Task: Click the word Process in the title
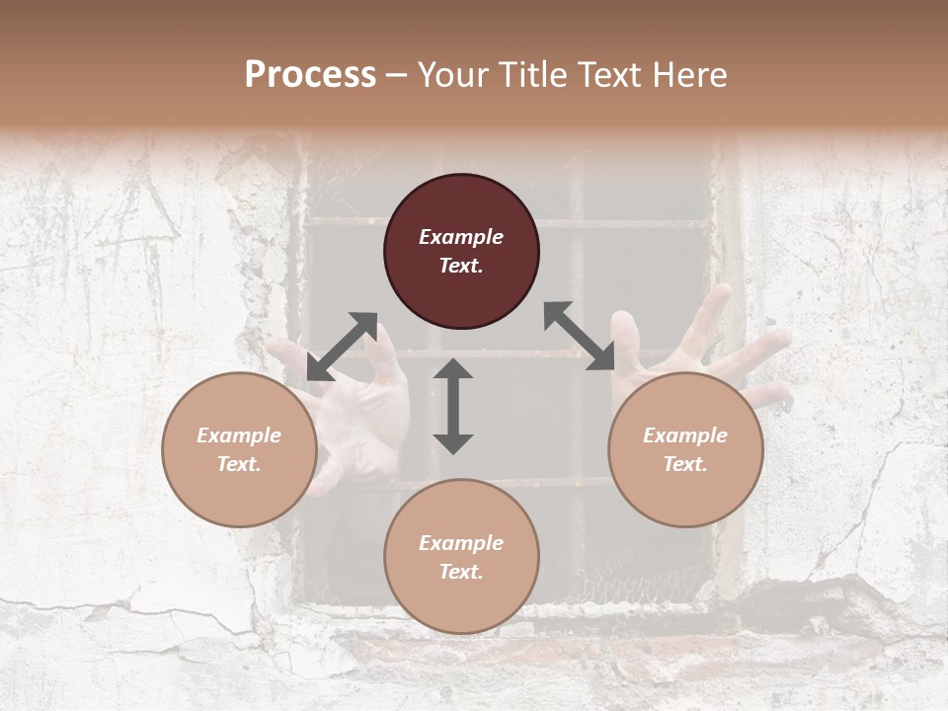click(310, 75)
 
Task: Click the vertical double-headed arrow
click(453, 406)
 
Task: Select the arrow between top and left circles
click(342, 347)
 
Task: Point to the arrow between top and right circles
click(580, 337)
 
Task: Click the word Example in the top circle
click(461, 237)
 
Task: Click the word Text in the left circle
click(238, 464)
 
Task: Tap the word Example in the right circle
click(685, 435)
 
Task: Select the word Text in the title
click(603, 75)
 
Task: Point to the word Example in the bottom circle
click(461, 543)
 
